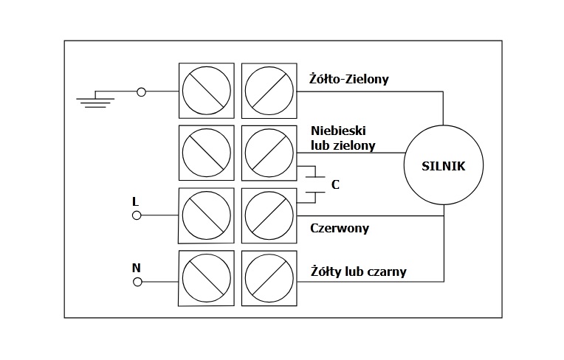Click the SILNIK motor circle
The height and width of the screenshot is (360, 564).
click(444, 165)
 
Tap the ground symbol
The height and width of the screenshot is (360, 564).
click(95, 100)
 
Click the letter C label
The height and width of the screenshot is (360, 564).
click(335, 184)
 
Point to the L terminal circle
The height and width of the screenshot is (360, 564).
click(137, 215)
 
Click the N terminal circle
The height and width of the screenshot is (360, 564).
click(137, 282)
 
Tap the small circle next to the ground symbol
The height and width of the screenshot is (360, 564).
click(142, 91)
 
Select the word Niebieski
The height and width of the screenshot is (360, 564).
click(339, 131)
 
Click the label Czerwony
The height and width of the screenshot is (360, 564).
click(340, 229)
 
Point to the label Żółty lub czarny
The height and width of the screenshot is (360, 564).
click(359, 272)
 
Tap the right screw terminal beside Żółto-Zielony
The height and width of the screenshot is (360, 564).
click(267, 91)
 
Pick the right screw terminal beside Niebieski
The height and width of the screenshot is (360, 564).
click(267, 153)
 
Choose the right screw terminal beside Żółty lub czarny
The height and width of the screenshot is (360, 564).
click(267, 278)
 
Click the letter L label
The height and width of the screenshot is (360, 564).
click(135, 201)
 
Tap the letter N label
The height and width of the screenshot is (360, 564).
click(136, 268)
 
